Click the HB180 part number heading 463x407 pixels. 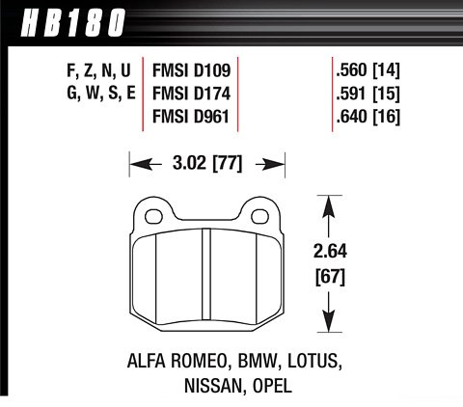tap(72, 23)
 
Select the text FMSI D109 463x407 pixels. tap(191, 70)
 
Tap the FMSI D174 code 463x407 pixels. tap(191, 94)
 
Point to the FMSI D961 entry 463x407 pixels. tap(191, 117)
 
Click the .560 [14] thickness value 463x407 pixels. tap(368, 70)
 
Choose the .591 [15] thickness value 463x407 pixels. tap(368, 94)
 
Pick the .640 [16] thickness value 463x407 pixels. tap(368, 117)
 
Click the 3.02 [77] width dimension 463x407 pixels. tap(207, 163)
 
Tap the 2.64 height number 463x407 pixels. tap(330, 251)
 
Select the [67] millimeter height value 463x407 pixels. tap(330, 277)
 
